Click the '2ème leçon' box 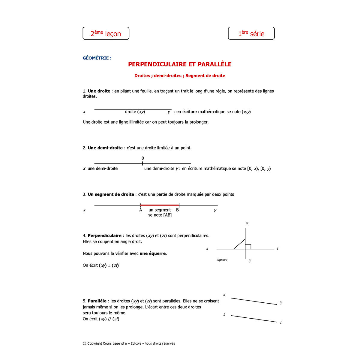click(106, 33)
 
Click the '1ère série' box click(251, 33)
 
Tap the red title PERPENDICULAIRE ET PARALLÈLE click(180, 64)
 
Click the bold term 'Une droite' click(99, 91)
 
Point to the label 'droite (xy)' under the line click(135, 112)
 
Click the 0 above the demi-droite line click(143, 158)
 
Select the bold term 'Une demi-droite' click(105, 148)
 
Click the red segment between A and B click(160, 205)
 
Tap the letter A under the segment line click(141, 210)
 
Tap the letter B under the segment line click(178, 210)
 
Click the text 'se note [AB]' click(160, 215)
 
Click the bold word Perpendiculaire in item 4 click(104, 235)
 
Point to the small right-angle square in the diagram click(248, 247)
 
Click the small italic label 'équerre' click(222, 260)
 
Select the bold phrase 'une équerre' click(153, 253)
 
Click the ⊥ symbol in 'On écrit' click(109, 265)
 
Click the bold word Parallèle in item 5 click(97, 301)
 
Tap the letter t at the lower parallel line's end click(281, 322)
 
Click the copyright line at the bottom click(129, 343)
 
